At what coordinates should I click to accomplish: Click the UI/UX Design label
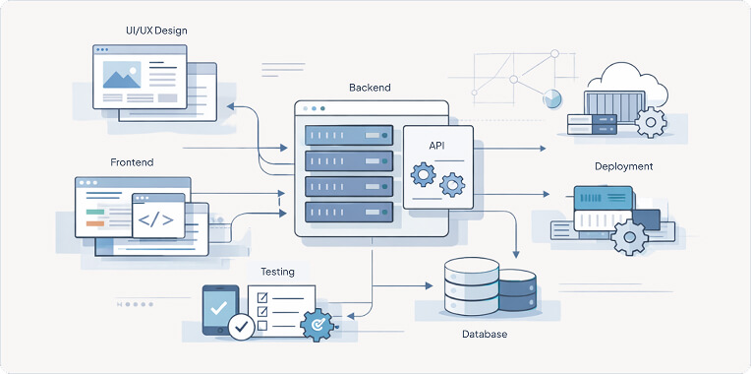click(x=155, y=31)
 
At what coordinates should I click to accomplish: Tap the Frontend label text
click(x=132, y=161)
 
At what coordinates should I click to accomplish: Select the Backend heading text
click(x=370, y=88)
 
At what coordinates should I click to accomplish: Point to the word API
click(x=437, y=146)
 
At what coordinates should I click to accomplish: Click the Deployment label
click(x=623, y=166)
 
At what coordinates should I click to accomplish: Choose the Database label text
click(x=485, y=335)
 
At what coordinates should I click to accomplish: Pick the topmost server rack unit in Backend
click(x=349, y=135)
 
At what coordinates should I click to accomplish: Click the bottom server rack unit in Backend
click(x=349, y=211)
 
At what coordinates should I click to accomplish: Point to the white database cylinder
click(x=471, y=285)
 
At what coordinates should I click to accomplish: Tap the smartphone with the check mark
click(x=219, y=308)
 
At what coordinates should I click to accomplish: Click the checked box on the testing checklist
click(x=261, y=296)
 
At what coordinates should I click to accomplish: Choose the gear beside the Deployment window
click(x=629, y=236)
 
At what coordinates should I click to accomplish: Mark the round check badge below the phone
click(x=241, y=326)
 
